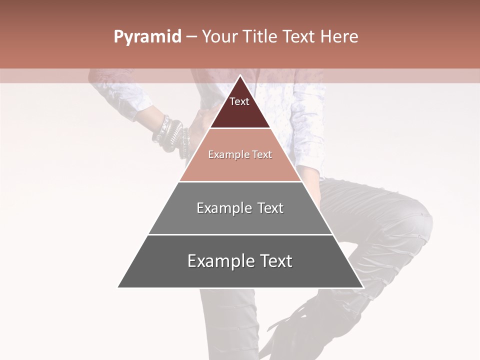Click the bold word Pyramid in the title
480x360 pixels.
click(147, 37)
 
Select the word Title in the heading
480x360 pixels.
click(261, 37)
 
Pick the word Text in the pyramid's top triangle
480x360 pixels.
click(239, 101)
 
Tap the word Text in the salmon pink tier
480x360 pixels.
click(262, 155)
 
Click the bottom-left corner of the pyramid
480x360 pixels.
click(118, 287)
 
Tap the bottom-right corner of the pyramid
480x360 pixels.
click(362, 287)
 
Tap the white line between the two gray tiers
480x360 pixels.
click(240, 234)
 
